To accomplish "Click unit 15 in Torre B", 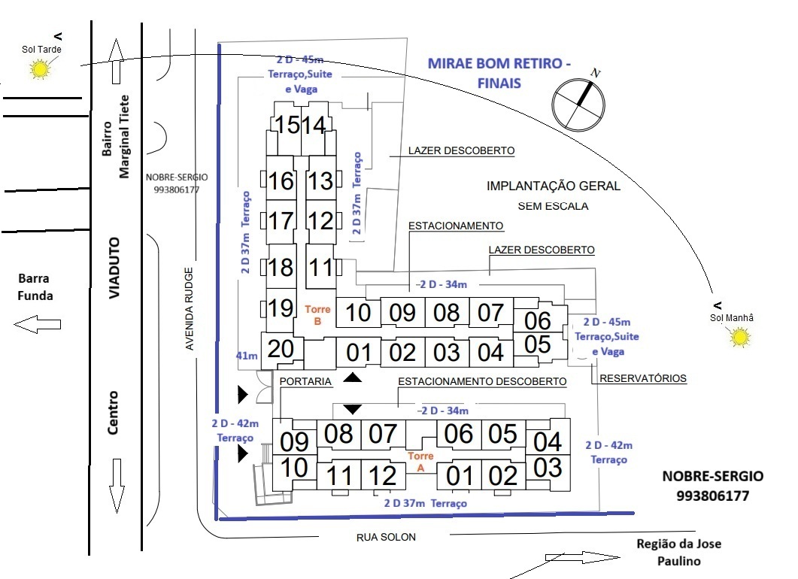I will click(x=287, y=125).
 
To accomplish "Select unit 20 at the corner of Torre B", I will click(x=280, y=349).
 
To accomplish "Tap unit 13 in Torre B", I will click(x=320, y=181).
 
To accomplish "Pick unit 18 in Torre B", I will click(x=281, y=268).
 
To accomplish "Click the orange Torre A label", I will click(x=417, y=462).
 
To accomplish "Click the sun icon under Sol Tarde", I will click(x=39, y=70).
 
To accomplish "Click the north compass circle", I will click(x=578, y=105).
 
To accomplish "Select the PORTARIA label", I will click(x=305, y=382).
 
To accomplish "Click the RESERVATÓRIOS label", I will click(x=642, y=378).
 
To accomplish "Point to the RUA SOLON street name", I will click(x=386, y=537).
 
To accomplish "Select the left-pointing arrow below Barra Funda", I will click(x=37, y=325).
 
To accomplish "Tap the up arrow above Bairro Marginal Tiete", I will click(x=115, y=60).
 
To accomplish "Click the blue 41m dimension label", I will click(x=247, y=355).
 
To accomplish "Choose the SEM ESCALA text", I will click(x=553, y=205).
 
